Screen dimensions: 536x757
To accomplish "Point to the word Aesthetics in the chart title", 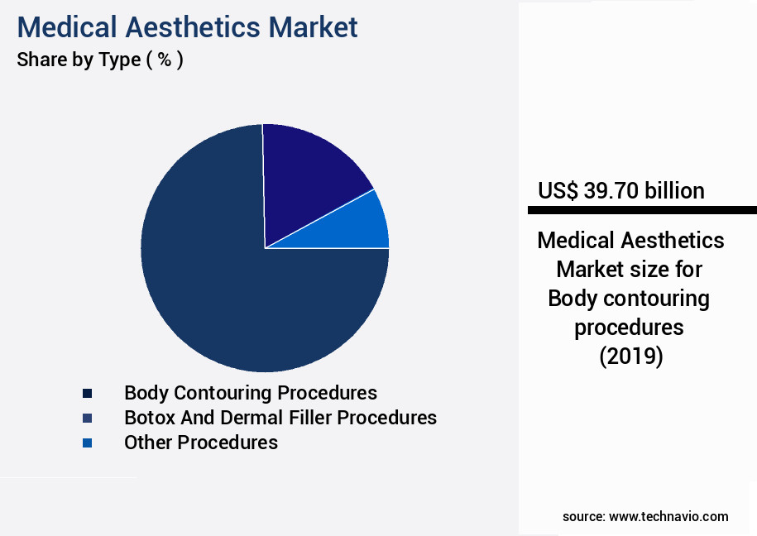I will coord(194,27).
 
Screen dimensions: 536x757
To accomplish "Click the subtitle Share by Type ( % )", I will coord(99,60).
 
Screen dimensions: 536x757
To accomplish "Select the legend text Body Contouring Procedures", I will coord(250,392).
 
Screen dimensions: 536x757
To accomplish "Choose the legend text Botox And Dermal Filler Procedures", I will coord(280,417).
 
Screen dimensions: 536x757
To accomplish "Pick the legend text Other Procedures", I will coord(200,443).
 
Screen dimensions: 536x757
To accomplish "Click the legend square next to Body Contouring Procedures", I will coord(87,394).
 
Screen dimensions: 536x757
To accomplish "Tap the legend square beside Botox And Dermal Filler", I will coord(87,418).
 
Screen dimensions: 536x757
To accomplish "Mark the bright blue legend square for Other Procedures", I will coord(87,443).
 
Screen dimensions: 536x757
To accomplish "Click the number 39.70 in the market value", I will coord(611,191).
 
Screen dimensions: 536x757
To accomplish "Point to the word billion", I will coord(674,191).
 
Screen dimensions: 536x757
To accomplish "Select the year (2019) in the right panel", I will coord(630,357).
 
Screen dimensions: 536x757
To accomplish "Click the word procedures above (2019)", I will coord(629,328).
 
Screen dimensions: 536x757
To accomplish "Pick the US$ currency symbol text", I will coord(558,191).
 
